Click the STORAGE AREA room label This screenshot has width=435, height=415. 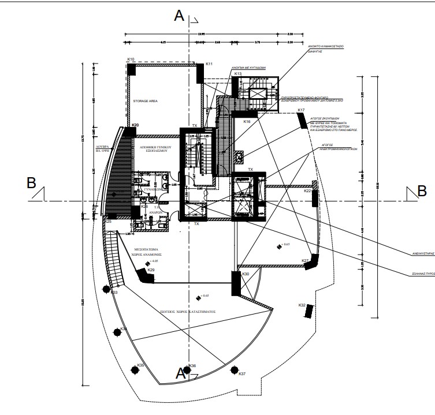pos(146,101)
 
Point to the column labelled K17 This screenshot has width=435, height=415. pos(302,119)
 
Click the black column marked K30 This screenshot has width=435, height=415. pos(236,284)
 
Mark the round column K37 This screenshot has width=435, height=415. pos(234,369)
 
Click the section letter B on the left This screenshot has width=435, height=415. pos(32,184)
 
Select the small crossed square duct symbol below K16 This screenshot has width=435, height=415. pos(238,156)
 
